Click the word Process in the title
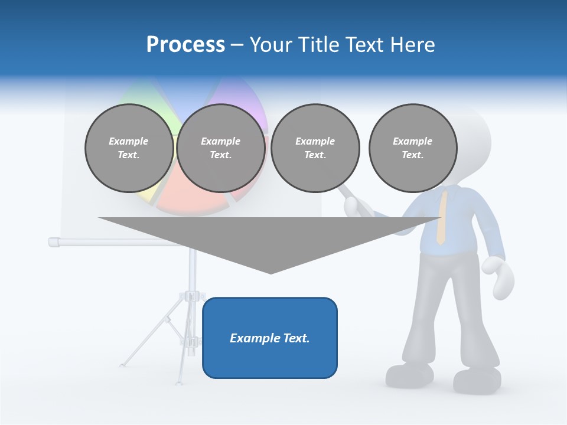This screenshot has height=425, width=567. click(185, 45)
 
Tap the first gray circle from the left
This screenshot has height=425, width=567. click(129, 148)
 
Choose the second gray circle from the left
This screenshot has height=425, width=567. click(221, 148)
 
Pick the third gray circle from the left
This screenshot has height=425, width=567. click(315, 148)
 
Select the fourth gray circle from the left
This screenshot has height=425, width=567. click(413, 148)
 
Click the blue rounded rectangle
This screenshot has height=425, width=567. click(270, 354)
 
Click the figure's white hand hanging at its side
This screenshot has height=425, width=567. click(498, 276)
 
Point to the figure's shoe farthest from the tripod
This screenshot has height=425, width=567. click(477, 380)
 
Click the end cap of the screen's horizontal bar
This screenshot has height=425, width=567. click(54, 241)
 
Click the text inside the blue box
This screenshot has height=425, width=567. click(270, 338)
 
